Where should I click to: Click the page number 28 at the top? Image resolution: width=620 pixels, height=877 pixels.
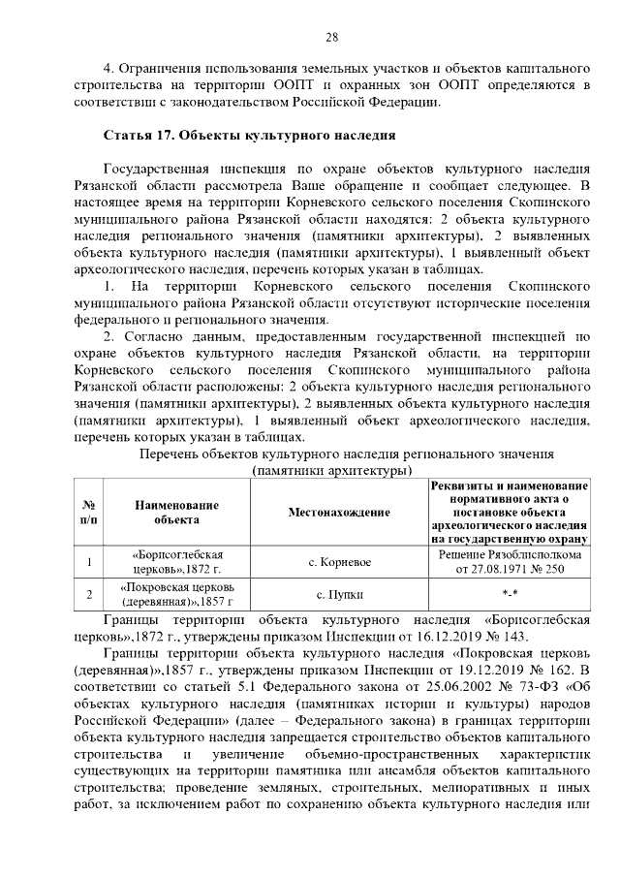(330, 38)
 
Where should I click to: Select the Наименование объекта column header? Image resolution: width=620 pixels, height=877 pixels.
(177, 512)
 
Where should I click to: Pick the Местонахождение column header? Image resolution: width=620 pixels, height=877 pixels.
(339, 512)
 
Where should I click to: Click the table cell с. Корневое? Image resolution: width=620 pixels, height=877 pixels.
(339, 561)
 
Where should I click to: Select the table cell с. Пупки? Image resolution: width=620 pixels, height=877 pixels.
(339, 593)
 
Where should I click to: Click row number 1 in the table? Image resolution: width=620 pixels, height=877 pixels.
(88, 561)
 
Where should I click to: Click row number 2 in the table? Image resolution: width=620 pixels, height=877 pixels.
(88, 593)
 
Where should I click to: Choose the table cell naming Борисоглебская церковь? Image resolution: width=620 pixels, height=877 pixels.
(177, 561)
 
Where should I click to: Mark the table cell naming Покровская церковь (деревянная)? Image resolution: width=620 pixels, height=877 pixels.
(177, 593)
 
